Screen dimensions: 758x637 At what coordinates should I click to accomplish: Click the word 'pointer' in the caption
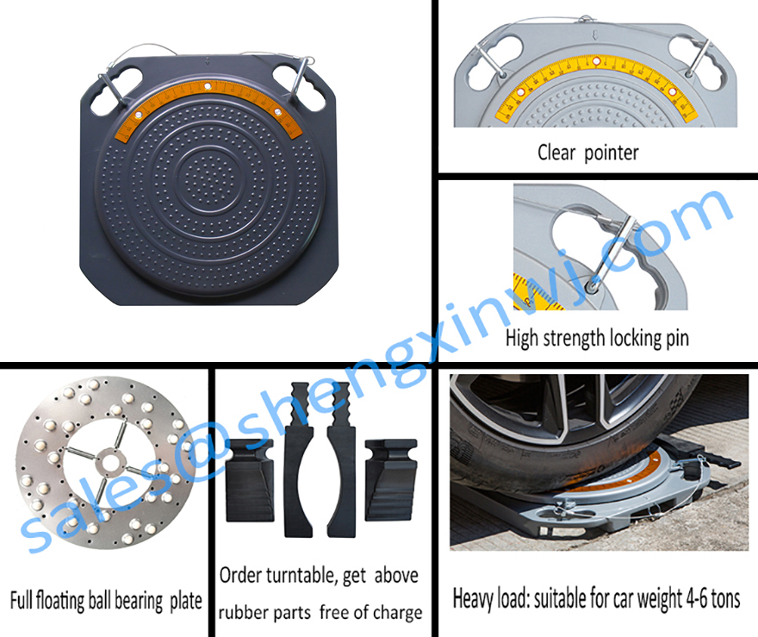pos(611,153)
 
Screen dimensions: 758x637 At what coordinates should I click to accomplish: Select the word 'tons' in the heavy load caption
pos(725,599)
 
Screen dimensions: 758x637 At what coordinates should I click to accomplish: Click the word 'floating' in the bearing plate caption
pos(60,601)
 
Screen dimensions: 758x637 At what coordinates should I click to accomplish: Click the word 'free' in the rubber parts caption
pos(334,612)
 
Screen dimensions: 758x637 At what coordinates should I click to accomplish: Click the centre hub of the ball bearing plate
pos(110,463)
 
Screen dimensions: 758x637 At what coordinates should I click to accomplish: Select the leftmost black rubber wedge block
pos(250,480)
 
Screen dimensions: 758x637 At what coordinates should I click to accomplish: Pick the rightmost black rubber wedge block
pos(390,480)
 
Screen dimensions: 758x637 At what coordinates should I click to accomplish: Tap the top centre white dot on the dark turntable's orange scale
pos(208,86)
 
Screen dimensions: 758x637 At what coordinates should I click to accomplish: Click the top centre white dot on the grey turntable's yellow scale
pos(597,61)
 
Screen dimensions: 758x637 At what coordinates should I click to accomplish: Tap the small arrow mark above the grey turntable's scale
pos(595,35)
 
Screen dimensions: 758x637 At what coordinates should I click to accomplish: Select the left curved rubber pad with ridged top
pos(299,460)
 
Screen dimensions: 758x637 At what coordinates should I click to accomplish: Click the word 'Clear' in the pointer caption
pos(556,153)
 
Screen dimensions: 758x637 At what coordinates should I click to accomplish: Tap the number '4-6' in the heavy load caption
pos(697,599)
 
